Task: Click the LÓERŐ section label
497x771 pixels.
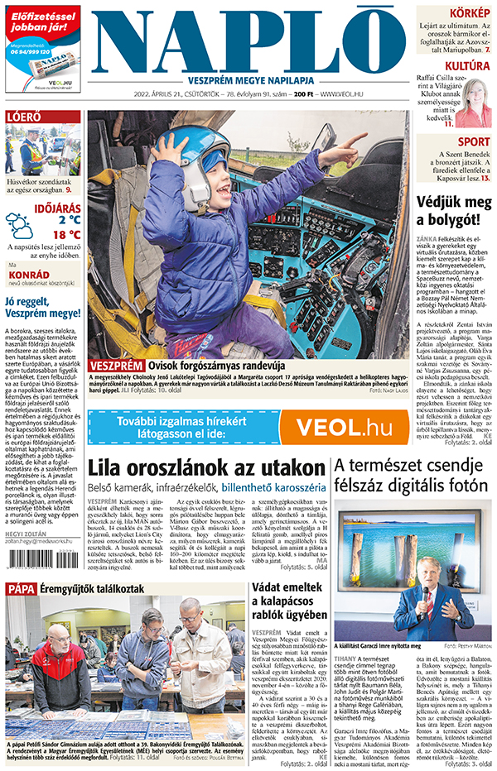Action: click(23, 117)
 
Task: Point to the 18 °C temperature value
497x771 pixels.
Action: click(62, 234)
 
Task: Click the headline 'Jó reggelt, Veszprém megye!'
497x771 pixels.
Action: click(42, 307)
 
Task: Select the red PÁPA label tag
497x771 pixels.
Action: click(21, 588)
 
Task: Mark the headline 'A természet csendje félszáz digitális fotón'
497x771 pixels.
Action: click(411, 476)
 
